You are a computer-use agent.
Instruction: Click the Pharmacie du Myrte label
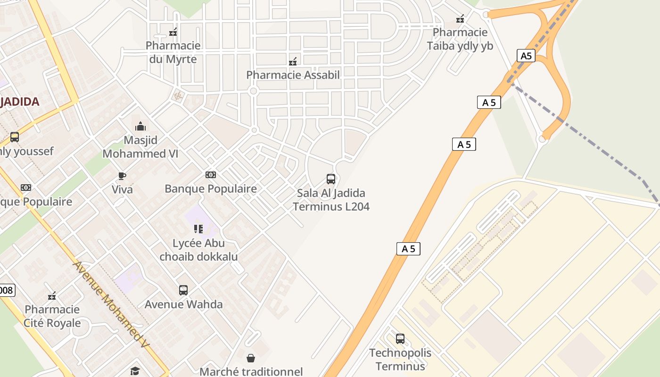173,52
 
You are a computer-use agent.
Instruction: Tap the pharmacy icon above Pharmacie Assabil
293,62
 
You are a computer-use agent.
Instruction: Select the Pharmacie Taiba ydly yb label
460,39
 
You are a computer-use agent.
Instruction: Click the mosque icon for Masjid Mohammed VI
140,126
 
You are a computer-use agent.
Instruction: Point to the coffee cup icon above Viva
122,176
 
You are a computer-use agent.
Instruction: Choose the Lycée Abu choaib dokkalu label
198,250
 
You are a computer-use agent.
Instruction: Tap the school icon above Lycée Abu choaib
198,229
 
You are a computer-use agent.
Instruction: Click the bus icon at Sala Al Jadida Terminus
331,179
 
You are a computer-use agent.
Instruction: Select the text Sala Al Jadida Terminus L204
331,200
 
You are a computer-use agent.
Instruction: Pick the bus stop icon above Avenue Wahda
183,290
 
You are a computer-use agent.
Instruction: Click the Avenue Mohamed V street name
111,305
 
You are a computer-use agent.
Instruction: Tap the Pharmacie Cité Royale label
52,316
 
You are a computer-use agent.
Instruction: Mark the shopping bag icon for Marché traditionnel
251,358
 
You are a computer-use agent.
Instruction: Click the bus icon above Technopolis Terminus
400,338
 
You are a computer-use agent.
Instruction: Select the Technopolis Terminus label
400,359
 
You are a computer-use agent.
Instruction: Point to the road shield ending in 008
7,290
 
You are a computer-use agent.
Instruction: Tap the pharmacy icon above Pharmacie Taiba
460,19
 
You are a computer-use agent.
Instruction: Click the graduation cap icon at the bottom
135,371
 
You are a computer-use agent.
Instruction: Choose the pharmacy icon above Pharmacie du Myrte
173,32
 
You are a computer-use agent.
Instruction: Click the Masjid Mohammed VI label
140,147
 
